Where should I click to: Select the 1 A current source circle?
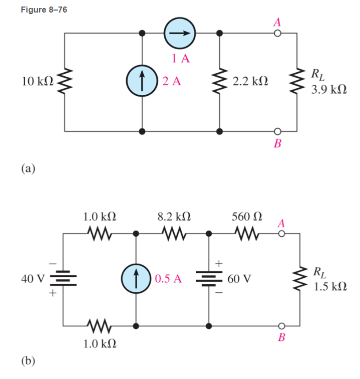coord(180,34)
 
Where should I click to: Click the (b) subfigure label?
coord(28,360)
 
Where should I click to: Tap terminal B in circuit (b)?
coord(281,325)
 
